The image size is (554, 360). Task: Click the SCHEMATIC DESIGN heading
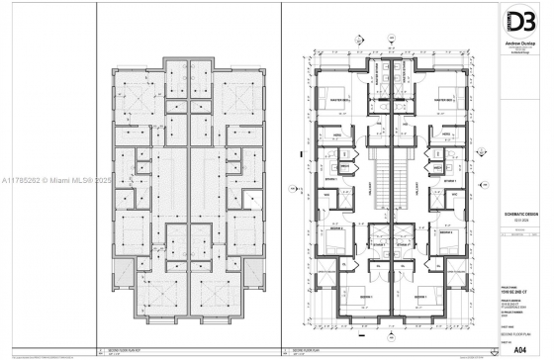(x=517, y=225)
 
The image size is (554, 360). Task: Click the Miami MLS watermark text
(x=59, y=180)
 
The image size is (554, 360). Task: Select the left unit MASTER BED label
(x=344, y=100)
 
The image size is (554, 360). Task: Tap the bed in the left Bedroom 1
(x=341, y=299)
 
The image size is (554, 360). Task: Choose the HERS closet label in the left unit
(x=336, y=134)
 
